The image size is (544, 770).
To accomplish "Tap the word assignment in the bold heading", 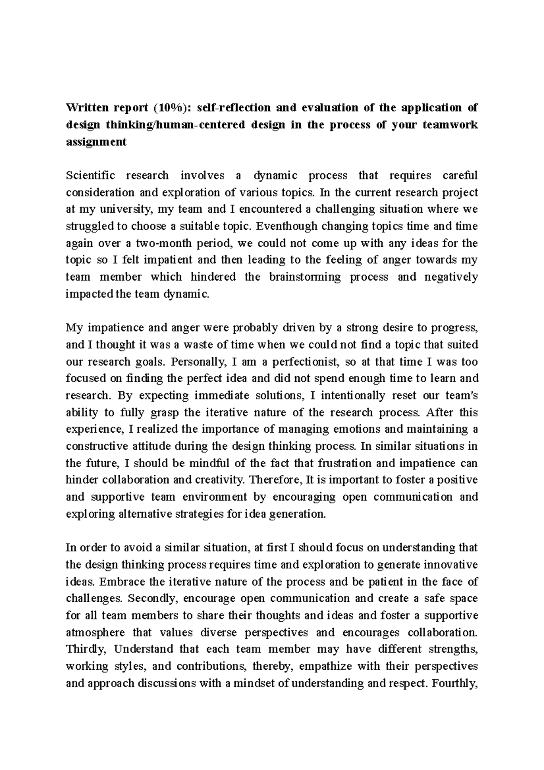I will (x=96, y=142).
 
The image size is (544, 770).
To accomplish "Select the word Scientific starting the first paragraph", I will (x=90, y=175).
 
